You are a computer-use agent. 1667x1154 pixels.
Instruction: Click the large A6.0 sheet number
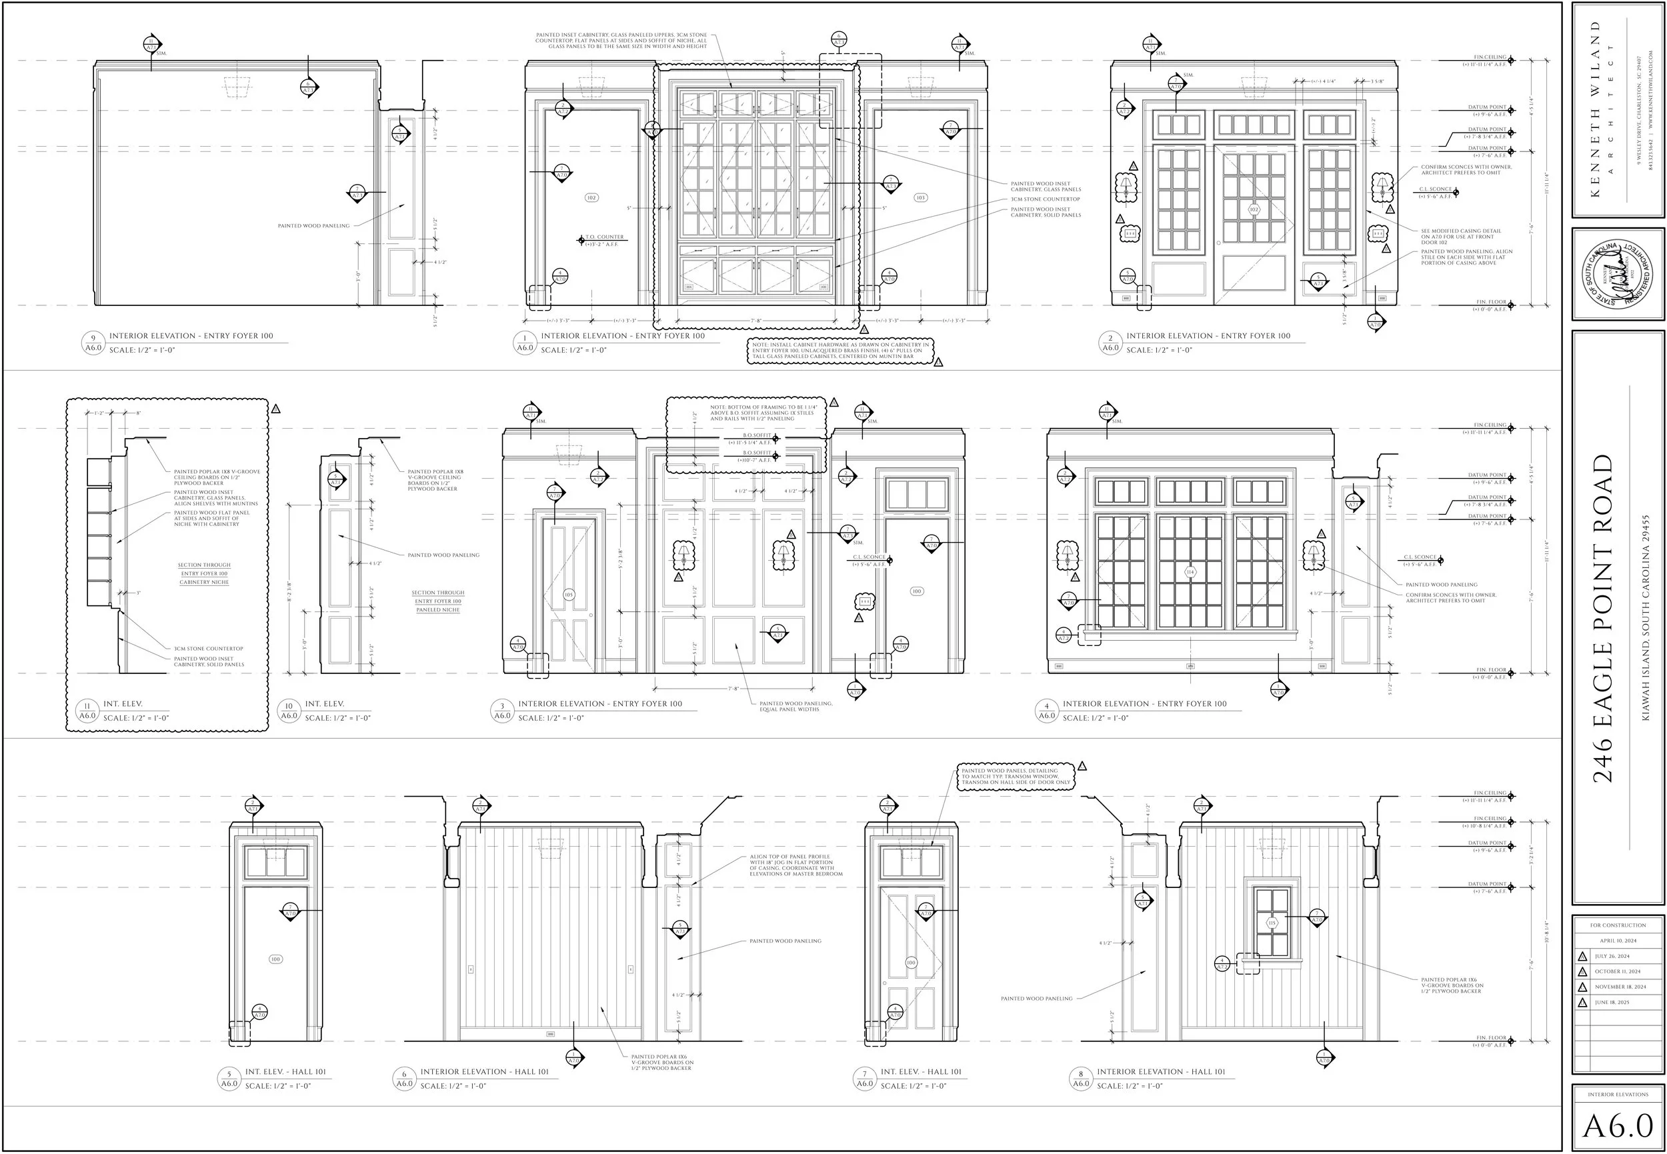click(x=1618, y=1126)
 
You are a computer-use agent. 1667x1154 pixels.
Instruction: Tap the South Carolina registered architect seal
click(x=1618, y=275)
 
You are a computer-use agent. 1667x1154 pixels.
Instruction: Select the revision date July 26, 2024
click(x=1612, y=956)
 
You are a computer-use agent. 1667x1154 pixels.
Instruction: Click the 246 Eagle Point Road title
click(x=1604, y=618)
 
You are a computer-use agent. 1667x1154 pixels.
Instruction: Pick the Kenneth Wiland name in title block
click(x=1596, y=109)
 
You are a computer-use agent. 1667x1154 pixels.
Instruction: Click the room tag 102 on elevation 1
click(x=591, y=197)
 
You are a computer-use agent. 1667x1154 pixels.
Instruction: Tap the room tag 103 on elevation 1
click(x=920, y=197)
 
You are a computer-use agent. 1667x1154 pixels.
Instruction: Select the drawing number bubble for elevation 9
click(x=93, y=343)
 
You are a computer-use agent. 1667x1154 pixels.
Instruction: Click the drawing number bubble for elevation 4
click(x=1046, y=711)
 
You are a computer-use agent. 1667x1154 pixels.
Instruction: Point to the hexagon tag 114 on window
click(x=1190, y=573)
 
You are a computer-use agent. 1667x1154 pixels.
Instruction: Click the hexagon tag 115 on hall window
click(x=1272, y=923)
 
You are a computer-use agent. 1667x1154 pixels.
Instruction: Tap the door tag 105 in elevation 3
click(x=568, y=595)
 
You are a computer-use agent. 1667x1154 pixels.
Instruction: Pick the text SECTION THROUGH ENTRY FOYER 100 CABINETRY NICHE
click(x=205, y=573)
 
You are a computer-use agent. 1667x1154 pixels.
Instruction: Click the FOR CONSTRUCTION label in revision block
click(x=1618, y=925)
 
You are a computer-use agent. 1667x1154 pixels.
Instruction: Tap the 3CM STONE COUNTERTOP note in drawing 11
click(x=208, y=649)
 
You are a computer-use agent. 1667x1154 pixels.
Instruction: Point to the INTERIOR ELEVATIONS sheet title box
click(x=1618, y=1094)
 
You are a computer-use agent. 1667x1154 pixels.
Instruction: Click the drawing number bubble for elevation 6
click(x=404, y=1079)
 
